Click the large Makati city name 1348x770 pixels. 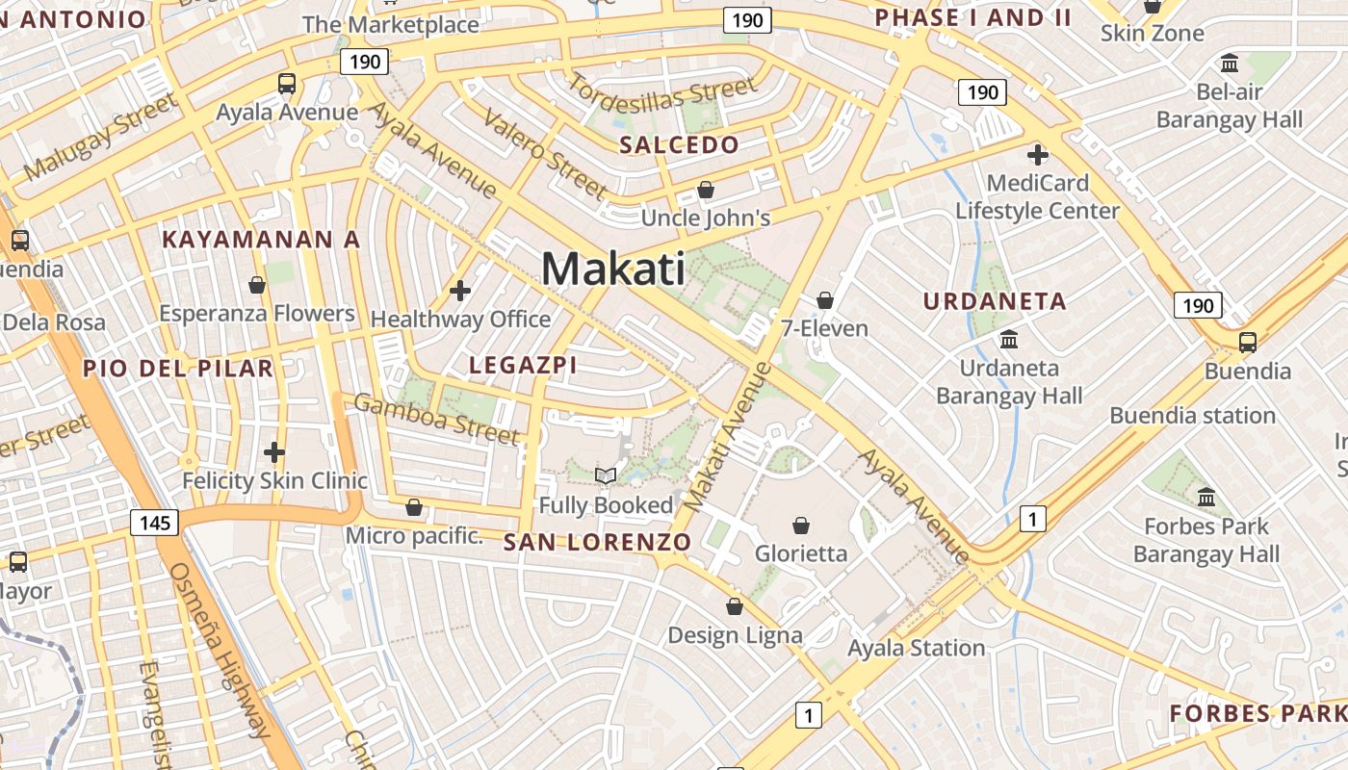point(613,269)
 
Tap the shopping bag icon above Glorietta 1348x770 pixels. point(800,526)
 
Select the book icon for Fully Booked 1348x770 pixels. point(606,475)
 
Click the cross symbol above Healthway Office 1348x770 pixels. point(460,290)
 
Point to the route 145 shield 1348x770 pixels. point(153,523)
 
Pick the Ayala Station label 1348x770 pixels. point(916,648)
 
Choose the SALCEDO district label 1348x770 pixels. point(679,145)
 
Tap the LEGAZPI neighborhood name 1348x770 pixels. point(523,365)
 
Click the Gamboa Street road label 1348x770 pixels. point(437,419)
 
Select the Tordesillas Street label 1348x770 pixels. point(661,97)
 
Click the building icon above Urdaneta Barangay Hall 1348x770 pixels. point(1009,339)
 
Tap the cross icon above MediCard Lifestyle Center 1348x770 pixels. point(1037,154)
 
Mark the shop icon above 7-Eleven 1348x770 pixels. point(824,300)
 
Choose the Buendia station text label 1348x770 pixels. point(1192,416)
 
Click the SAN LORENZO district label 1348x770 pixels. point(597,542)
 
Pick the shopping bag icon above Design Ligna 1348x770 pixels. point(735,606)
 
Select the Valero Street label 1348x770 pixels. point(544,153)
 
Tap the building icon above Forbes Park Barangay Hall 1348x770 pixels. point(1206,498)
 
